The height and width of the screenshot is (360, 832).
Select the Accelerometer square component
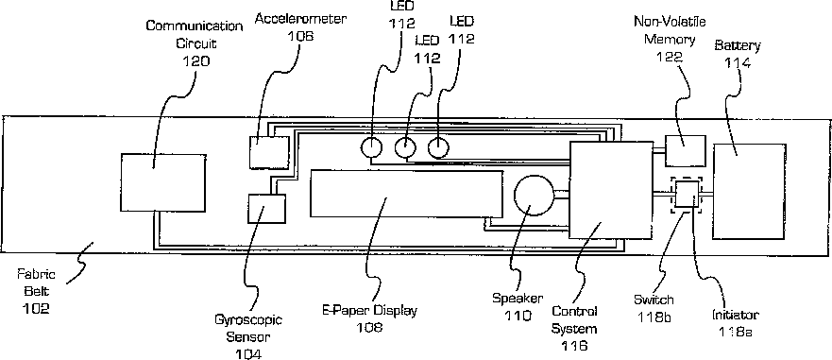coord(269,152)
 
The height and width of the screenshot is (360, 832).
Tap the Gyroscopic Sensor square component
coord(267,209)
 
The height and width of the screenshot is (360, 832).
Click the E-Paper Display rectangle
coord(407,194)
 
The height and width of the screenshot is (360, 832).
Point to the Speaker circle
coord(535,196)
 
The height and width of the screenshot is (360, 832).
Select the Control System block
coord(608,190)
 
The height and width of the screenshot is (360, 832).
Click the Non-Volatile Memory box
coord(686,151)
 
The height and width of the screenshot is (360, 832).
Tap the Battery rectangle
coord(749,191)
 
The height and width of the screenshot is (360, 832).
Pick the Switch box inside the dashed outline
coord(687,195)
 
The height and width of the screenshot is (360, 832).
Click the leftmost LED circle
coord(371,146)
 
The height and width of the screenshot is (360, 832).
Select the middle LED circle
coord(405,147)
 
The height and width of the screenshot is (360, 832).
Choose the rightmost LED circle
coord(438,147)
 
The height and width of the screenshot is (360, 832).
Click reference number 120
coord(196,61)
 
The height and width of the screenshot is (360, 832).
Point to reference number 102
coord(36,308)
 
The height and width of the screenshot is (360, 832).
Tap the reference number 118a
coord(736,332)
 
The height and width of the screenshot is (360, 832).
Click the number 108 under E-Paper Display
coord(370,327)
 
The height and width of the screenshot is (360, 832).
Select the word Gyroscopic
coord(248,320)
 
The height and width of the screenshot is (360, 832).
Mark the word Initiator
coord(736,315)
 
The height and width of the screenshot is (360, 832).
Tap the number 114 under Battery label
coord(738,62)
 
